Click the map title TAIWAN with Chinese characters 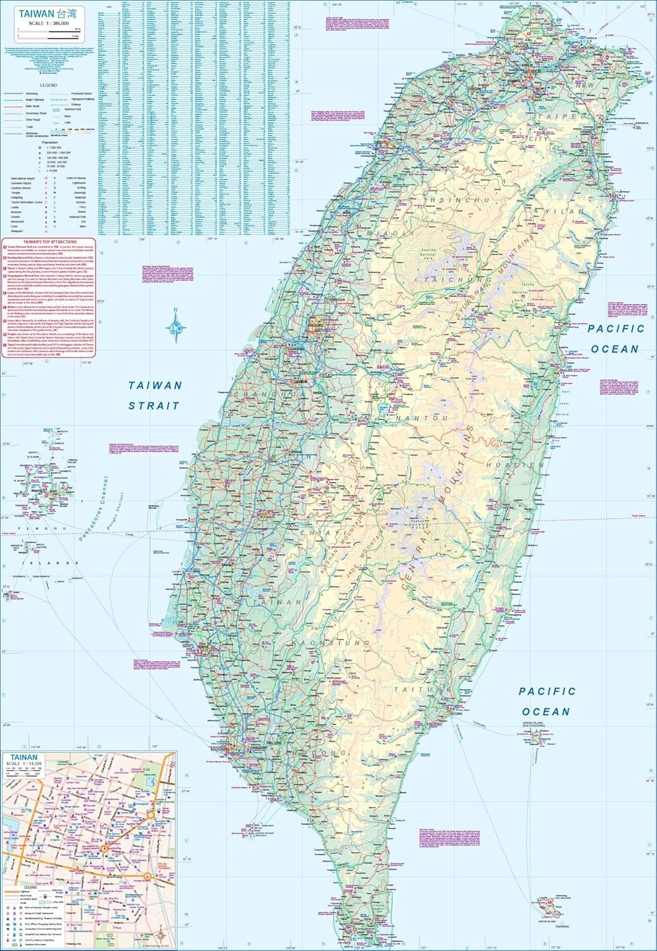point(41,13)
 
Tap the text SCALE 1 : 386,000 point(43,22)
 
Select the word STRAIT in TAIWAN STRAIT point(154,406)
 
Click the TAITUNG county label point(416,689)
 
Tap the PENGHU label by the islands point(42,528)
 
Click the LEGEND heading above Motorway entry point(49,85)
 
